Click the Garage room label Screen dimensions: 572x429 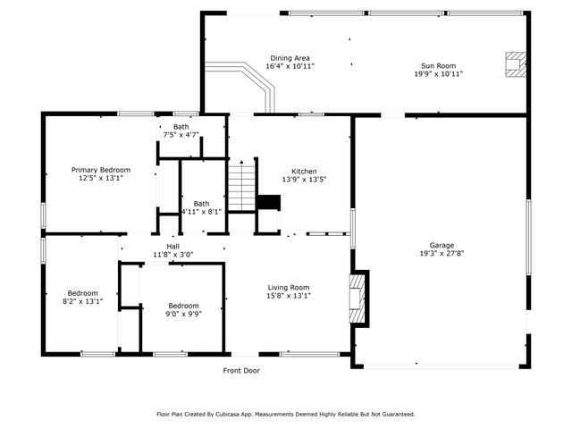[x=442, y=245]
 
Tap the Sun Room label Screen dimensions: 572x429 [x=438, y=65]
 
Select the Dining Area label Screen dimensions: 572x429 [x=290, y=58]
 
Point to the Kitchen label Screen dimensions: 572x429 [x=304, y=171]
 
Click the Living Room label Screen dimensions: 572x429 [x=288, y=288]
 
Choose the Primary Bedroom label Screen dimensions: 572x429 [x=101, y=170]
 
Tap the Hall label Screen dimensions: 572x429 [x=172, y=247]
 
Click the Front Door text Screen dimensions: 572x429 [x=241, y=371]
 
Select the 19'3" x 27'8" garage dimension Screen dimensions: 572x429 [x=442, y=253]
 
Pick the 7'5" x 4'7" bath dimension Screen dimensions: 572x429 [x=181, y=135]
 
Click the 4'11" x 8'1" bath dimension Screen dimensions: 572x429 [x=201, y=212]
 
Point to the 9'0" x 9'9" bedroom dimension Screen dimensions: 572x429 [x=183, y=314]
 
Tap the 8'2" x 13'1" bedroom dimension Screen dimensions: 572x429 [x=82, y=301]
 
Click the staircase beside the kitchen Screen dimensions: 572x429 [x=241, y=186]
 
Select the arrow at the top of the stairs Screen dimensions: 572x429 [x=241, y=164]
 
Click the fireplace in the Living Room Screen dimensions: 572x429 [x=357, y=299]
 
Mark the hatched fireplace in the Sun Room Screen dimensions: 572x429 [x=516, y=64]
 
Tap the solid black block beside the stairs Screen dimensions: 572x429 [x=268, y=203]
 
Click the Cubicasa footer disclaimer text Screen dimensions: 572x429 [x=286, y=415]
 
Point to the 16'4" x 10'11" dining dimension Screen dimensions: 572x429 [x=290, y=66]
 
